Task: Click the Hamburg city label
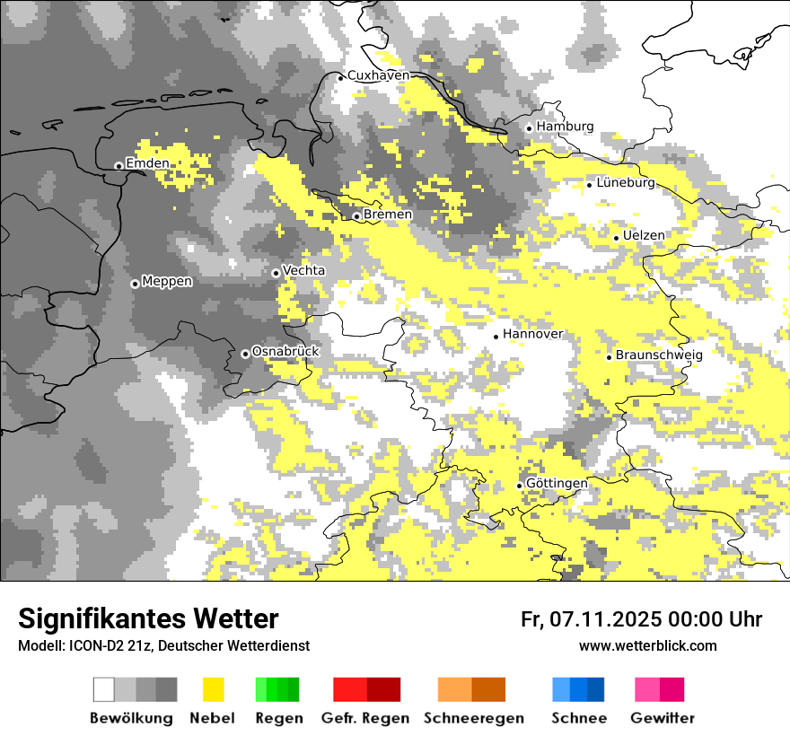coord(565,127)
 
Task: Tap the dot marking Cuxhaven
coord(341,77)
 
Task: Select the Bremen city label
coord(388,215)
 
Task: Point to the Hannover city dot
coord(496,337)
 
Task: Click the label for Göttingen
coord(557,484)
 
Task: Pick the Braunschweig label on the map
coord(659,355)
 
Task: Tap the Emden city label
coord(147,163)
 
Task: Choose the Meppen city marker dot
coord(136,284)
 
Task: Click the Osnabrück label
coord(285,352)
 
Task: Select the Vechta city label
coord(304,270)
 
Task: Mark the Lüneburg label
coord(627,183)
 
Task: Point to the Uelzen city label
coord(644,235)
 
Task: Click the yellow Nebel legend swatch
coord(213,689)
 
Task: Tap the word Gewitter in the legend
coord(663,718)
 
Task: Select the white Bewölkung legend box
coord(104,689)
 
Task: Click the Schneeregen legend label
coord(474,718)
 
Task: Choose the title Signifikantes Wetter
coord(148,618)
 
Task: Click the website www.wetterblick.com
coord(648,645)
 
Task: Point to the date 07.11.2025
coord(607,619)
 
